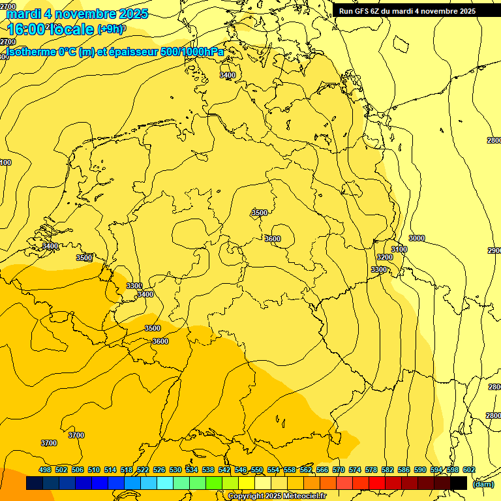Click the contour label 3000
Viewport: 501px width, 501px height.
click(416, 239)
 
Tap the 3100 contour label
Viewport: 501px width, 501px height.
click(399, 250)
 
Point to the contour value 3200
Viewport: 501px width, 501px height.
click(385, 258)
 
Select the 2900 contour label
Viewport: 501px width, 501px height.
click(494, 251)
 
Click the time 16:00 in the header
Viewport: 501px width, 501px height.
click(27, 29)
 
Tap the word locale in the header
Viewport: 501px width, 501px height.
click(72, 29)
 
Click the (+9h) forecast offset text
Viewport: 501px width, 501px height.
click(111, 29)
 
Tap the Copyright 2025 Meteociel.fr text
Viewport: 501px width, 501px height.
click(277, 496)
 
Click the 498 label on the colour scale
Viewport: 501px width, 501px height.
click(45, 470)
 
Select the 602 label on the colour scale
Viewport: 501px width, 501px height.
click(469, 470)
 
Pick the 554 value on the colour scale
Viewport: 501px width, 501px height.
click(273, 470)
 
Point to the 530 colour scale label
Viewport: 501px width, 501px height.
click(175, 470)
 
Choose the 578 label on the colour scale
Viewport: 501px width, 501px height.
click(371, 470)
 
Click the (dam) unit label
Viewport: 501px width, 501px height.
click(483, 484)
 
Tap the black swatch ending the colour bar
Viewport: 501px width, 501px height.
click(459, 483)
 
